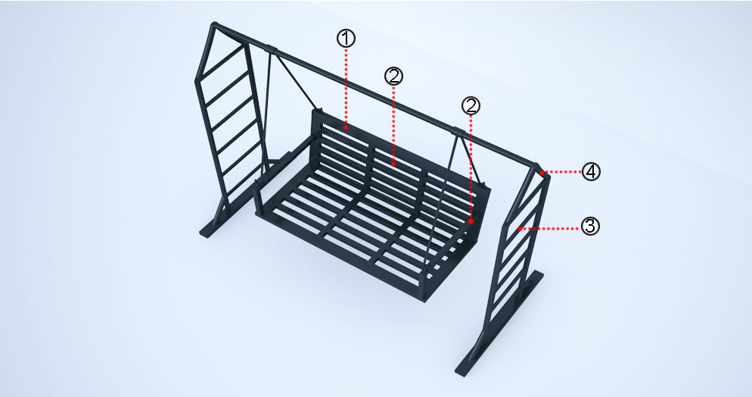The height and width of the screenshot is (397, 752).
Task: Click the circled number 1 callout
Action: [x=346, y=39]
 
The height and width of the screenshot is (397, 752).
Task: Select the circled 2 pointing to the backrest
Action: [x=393, y=77]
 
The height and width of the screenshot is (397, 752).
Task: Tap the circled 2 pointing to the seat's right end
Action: [x=471, y=106]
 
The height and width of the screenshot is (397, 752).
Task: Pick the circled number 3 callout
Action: [x=590, y=226]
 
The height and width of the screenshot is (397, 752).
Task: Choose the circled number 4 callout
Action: [x=591, y=171]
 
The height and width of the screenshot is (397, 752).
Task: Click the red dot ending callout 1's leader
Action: [x=346, y=127]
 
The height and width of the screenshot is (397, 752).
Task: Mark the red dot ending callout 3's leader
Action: [x=520, y=229]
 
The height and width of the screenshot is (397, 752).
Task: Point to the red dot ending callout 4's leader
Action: [x=542, y=172]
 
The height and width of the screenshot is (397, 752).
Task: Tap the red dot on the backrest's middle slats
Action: [x=393, y=164]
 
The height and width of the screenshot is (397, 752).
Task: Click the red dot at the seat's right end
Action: [x=471, y=221]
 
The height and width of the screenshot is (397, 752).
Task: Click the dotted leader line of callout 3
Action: [x=551, y=229]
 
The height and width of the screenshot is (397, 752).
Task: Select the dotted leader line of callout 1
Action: [x=346, y=86]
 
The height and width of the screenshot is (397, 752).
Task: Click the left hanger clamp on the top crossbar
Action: [x=271, y=49]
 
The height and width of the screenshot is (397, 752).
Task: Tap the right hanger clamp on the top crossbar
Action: [x=458, y=131]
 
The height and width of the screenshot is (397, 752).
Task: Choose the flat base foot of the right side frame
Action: [x=499, y=323]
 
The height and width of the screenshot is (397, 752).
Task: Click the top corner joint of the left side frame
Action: [x=216, y=26]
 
